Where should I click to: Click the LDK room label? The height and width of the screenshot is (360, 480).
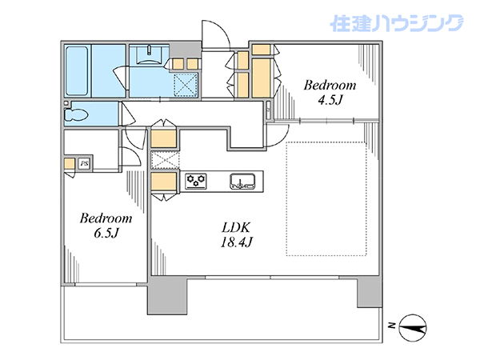tap(236, 228)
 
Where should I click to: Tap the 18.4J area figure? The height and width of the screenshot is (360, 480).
tap(236, 242)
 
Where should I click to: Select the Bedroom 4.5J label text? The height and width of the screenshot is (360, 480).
tap(330, 93)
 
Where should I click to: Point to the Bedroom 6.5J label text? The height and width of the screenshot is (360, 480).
tap(106, 226)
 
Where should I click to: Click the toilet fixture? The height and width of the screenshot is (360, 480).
tap(76, 114)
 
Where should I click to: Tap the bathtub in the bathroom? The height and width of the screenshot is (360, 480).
tap(77, 71)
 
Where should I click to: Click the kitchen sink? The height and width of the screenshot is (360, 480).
tap(242, 182)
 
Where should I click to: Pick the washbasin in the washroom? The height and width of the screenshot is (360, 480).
tap(149, 55)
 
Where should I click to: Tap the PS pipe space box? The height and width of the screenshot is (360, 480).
tap(84, 163)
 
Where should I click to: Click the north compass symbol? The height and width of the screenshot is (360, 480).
tap(413, 328)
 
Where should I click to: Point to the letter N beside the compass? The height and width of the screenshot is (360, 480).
tap(391, 326)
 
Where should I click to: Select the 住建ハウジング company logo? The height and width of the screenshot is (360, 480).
tap(397, 23)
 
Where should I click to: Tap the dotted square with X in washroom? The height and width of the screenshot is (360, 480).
tap(186, 86)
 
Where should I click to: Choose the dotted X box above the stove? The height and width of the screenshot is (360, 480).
tap(165, 160)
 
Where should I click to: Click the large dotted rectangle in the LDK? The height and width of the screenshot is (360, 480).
tap(326, 198)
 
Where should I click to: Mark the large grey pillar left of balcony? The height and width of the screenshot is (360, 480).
tap(167, 295)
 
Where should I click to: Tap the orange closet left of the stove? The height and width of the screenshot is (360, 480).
tap(164, 182)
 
